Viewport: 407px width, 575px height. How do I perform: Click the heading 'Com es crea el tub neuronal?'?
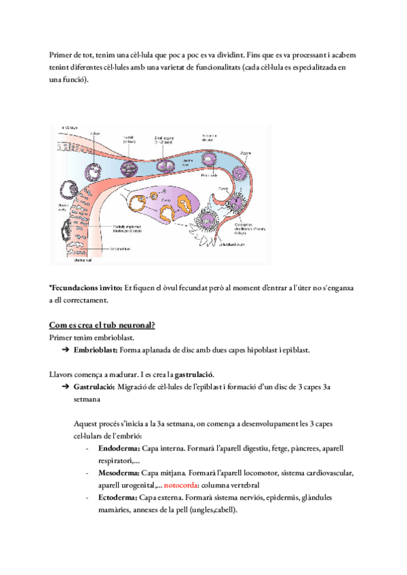tap(102, 325)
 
